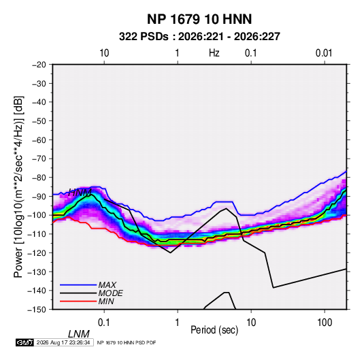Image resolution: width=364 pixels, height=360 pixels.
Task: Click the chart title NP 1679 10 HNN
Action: point(199,19)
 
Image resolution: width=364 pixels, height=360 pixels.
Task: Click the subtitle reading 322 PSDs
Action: point(144,37)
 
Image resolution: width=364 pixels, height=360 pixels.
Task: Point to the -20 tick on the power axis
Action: point(39,65)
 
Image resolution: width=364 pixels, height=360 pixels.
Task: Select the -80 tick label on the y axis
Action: point(39,178)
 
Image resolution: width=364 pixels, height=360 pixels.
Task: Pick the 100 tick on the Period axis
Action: point(325,323)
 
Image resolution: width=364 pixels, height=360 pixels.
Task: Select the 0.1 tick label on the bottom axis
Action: point(104,323)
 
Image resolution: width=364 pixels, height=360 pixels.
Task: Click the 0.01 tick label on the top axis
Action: point(324,53)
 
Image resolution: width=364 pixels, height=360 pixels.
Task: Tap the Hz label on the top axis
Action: point(214,53)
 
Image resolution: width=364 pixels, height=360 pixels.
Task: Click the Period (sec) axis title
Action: point(214,330)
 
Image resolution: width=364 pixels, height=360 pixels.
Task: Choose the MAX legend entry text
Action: point(107,285)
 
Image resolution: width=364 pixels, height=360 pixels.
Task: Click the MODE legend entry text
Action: point(110,293)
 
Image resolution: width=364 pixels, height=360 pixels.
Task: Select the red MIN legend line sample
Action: point(78,301)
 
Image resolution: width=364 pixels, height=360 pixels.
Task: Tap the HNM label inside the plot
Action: point(80,193)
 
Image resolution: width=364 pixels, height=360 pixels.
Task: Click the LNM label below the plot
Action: point(79,334)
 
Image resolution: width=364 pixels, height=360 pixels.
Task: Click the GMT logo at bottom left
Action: point(24,342)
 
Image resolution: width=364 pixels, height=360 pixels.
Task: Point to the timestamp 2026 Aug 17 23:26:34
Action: point(63,342)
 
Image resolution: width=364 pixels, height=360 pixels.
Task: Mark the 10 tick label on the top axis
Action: point(104,53)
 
